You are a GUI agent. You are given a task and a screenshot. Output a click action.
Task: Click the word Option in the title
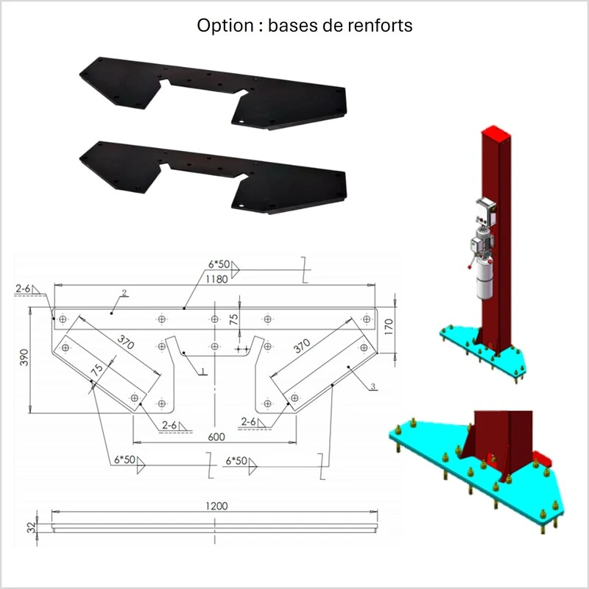point(222,25)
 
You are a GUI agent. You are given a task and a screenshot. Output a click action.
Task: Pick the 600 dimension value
point(215,437)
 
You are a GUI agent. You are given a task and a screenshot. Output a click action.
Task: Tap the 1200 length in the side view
point(217,506)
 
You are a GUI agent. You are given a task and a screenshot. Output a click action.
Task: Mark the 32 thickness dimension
point(29,527)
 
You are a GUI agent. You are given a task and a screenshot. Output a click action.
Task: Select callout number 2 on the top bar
point(124,294)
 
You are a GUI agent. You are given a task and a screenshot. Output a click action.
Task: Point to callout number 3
point(373,386)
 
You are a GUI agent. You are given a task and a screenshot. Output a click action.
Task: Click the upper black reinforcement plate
point(214,92)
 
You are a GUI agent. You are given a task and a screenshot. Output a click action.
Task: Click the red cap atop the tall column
point(493,134)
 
